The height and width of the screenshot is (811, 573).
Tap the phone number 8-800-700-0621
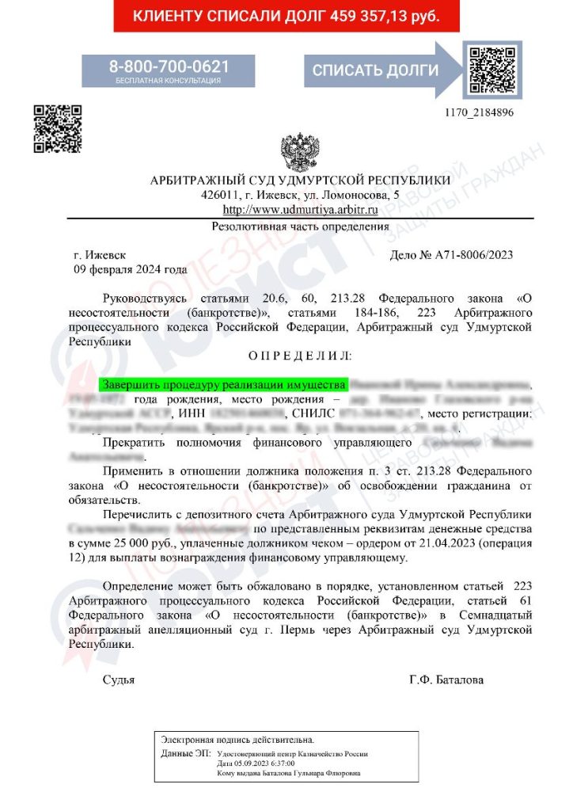(169, 66)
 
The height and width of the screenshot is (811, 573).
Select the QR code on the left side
(58, 128)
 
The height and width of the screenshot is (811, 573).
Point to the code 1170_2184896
(480, 112)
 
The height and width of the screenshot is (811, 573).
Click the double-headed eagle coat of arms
(300, 151)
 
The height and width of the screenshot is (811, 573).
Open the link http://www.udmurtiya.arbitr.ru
(300, 210)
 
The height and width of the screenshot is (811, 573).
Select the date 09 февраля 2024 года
(130, 269)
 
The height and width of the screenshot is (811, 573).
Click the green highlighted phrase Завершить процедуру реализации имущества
(224, 384)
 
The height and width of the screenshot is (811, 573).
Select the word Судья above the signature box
(119, 680)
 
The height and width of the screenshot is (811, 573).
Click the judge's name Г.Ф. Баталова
(446, 680)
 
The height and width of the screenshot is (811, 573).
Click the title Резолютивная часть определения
(300, 227)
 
